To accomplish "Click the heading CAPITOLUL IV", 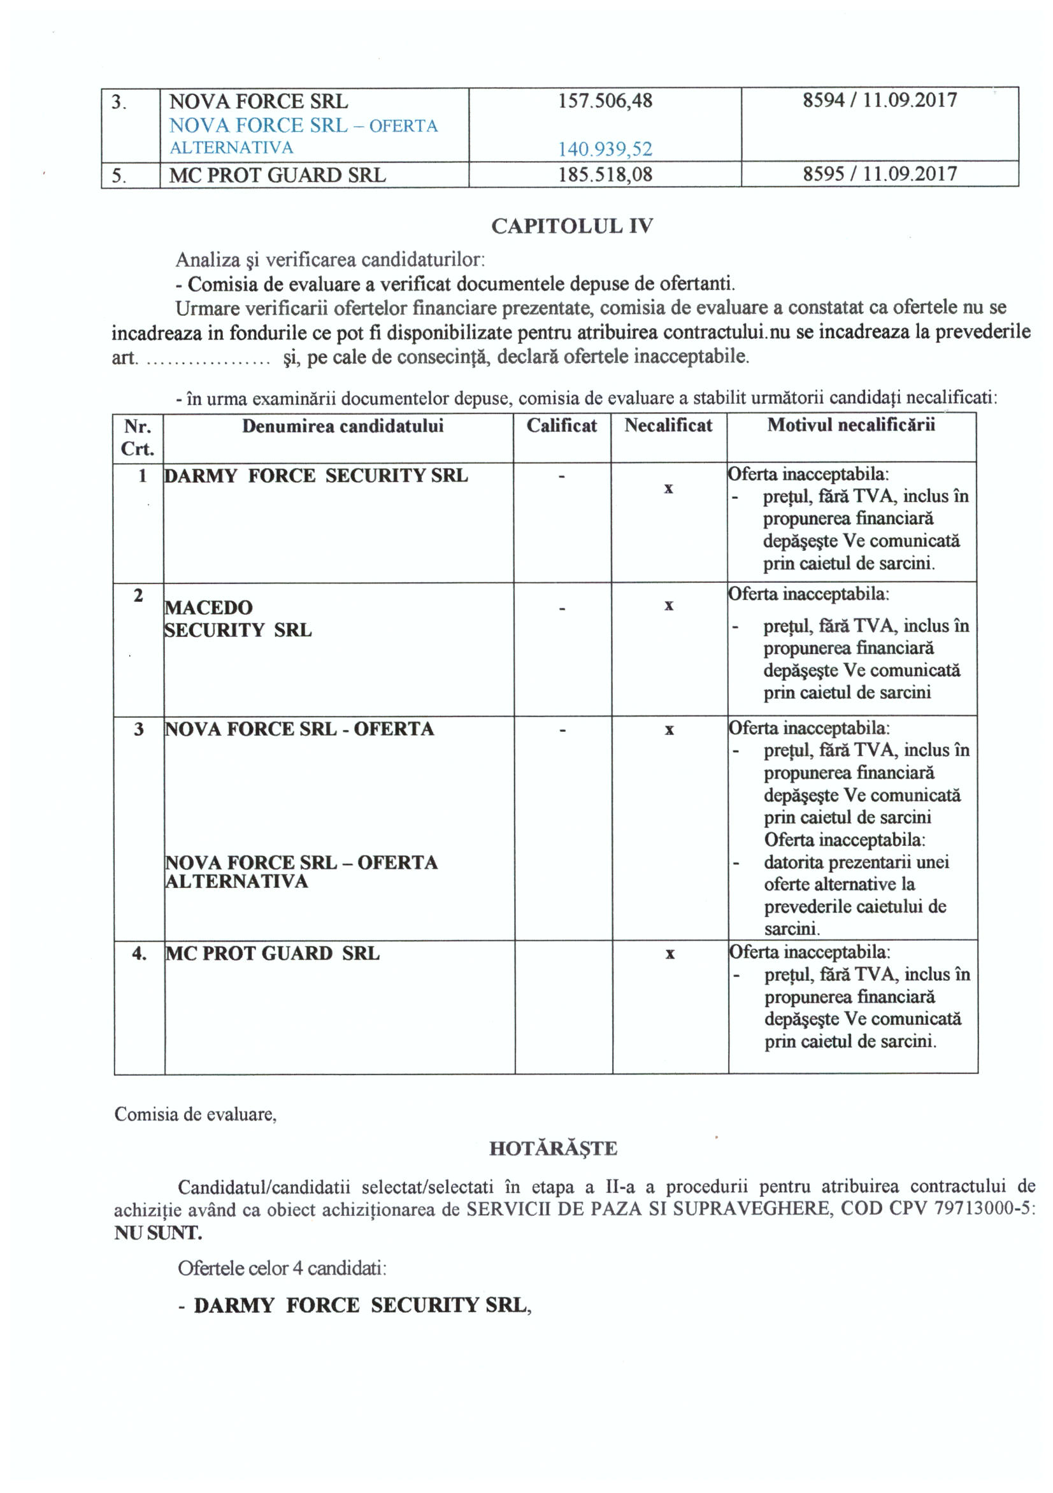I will (571, 225).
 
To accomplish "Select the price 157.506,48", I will (605, 101).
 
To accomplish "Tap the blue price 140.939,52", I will (605, 150).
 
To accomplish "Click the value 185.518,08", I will (605, 175).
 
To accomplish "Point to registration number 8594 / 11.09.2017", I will (879, 100).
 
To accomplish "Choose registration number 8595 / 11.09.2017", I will (879, 174).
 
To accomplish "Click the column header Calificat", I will (561, 425).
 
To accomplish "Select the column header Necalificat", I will (668, 425).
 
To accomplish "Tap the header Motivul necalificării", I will (850, 425).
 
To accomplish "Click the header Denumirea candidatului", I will (343, 426).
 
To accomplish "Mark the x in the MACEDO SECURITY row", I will (669, 606).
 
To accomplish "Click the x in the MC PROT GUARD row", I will (670, 954).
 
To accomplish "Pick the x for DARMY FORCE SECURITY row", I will (668, 489).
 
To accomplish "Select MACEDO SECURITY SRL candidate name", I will (238, 618).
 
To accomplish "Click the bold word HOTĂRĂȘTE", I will (553, 1148).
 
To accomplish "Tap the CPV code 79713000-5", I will (983, 1208).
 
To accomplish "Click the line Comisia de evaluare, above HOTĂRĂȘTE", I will (195, 1114).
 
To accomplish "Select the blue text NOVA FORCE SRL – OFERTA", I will (303, 125).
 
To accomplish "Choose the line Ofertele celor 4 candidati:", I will (282, 1268).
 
